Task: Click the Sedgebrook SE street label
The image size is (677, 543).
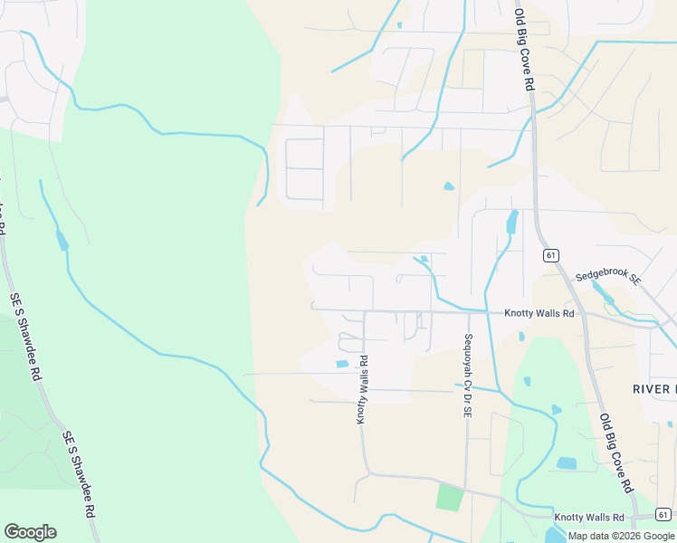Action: click(x=608, y=281)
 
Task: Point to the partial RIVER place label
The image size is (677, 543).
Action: click(x=653, y=389)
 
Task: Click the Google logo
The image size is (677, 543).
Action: click(x=30, y=532)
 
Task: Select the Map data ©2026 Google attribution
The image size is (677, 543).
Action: click(x=622, y=536)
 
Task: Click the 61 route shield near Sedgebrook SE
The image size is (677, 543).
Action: click(x=550, y=255)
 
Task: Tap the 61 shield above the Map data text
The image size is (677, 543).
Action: click(x=663, y=515)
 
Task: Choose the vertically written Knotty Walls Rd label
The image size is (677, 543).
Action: click(x=362, y=390)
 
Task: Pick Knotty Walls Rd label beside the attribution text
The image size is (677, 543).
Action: click(x=589, y=517)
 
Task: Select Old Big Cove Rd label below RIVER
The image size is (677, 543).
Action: click(x=615, y=453)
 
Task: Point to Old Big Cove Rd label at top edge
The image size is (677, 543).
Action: click(x=524, y=50)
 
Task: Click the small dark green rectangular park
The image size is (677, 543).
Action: click(x=450, y=497)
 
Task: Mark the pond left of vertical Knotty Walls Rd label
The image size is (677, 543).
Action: click(x=342, y=364)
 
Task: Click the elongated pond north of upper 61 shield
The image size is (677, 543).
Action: click(x=512, y=222)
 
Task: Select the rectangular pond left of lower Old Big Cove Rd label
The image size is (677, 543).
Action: click(x=567, y=463)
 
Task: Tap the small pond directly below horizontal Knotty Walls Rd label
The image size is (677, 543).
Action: click(x=522, y=337)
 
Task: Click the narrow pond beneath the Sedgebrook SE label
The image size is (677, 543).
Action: click(x=603, y=294)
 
